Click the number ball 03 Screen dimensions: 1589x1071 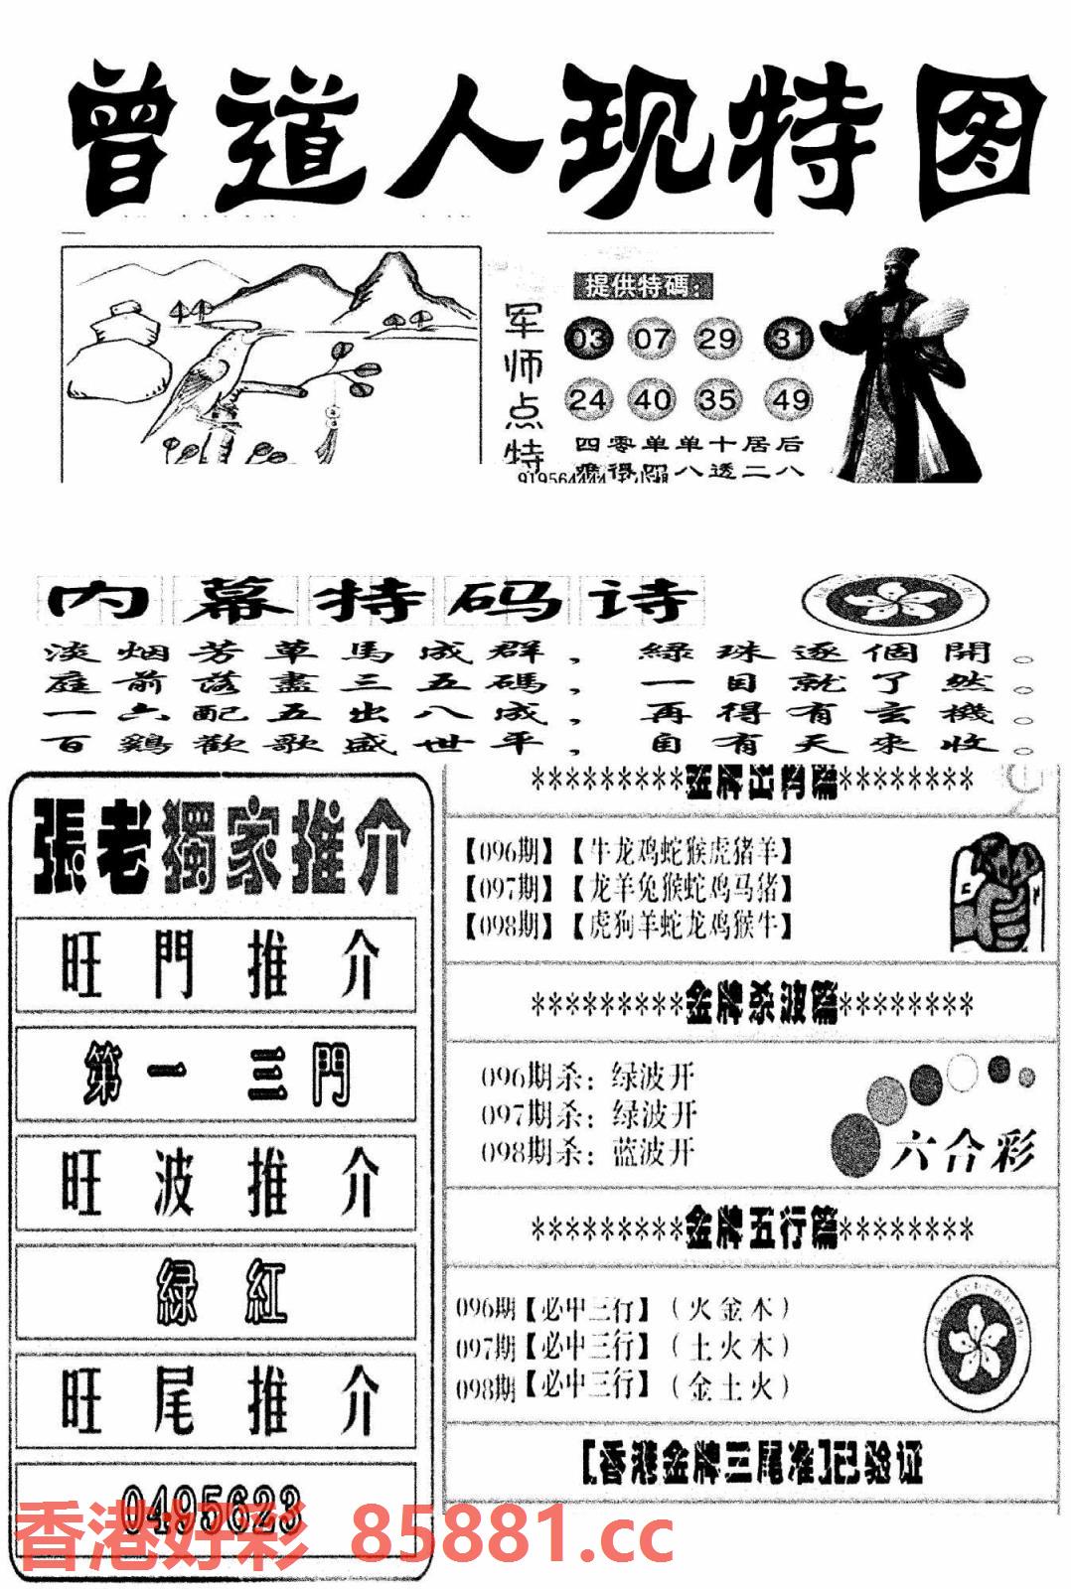[x=588, y=340]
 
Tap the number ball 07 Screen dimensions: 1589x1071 [x=653, y=340]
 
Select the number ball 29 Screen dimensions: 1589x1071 [x=717, y=340]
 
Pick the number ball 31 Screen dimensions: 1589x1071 [x=790, y=340]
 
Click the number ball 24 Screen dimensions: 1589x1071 [x=588, y=399]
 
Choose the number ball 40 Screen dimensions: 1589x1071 [x=653, y=399]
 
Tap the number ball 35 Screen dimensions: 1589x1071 [x=717, y=399]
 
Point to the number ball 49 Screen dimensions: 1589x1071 [x=790, y=399]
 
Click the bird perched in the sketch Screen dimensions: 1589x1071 [x=204, y=377]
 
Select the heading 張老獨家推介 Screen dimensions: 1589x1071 [x=221, y=847]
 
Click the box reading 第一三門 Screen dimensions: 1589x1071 [x=216, y=1075]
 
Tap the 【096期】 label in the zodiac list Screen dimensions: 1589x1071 [x=508, y=851]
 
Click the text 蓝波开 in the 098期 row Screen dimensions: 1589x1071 [x=653, y=1153]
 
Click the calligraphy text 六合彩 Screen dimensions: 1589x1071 [x=962, y=1153]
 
